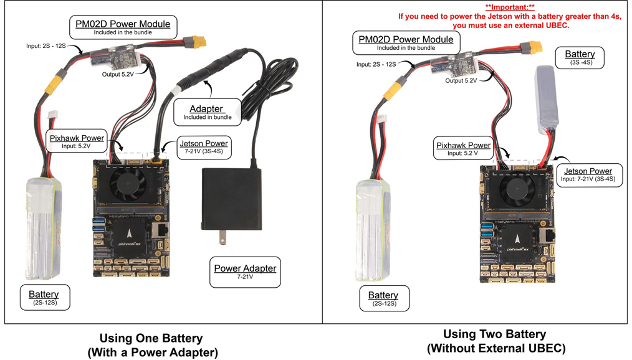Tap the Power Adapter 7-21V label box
point(245,272)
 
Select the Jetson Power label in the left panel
point(203,146)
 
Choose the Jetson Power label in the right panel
point(588,174)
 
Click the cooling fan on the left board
point(128,182)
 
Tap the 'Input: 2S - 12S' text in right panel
point(376,64)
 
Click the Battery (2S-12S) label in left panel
point(44,298)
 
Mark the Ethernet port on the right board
point(552,235)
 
